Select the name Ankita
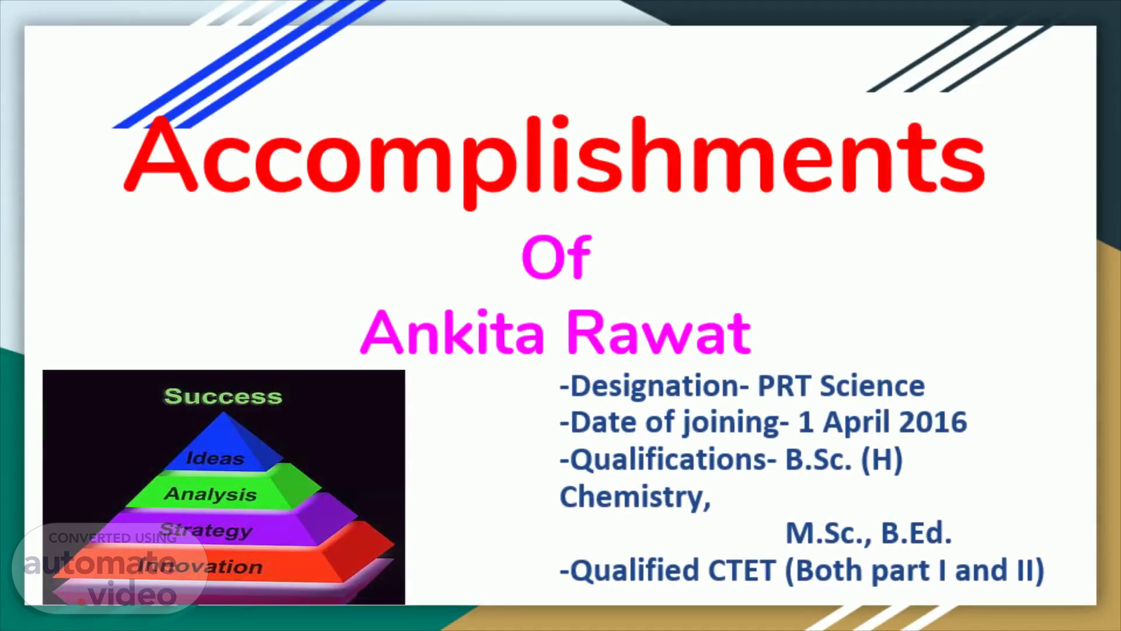[x=452, y=332]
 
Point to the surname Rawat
[x=659, y=332]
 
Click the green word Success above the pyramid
[x=223, y=396]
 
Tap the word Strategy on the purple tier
[x=206, y=530]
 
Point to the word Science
[x=872, y=386]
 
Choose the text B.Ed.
[x=916, y=533]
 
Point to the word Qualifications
[x=669, y=460]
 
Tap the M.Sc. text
[x=829, y=533]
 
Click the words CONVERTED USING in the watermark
[x=113, y=538]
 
